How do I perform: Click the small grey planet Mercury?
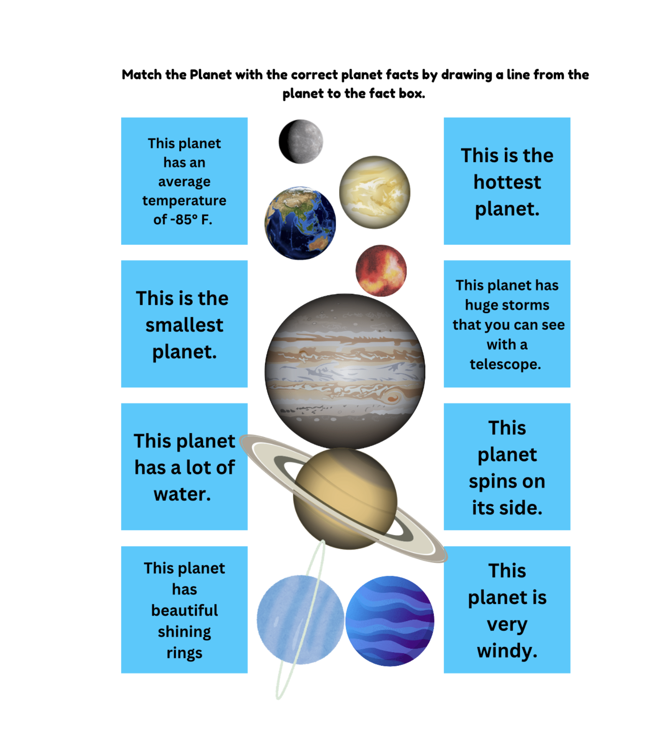pos(301,141)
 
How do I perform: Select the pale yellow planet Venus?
pos(375,192)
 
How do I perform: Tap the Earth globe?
pos(300,223)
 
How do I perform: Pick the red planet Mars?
pos(381,271)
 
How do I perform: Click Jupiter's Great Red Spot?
pos(393,398)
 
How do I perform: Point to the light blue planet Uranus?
pos(301,619)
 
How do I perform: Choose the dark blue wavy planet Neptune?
pos(390,621)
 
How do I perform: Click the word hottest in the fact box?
pos(507,182)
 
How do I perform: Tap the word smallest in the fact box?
pos(184,325)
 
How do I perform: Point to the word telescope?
pos(505,364)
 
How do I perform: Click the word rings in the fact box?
pos(184,653)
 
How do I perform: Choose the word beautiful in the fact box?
pos(184,610)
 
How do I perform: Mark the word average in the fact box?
pos(184,182)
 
